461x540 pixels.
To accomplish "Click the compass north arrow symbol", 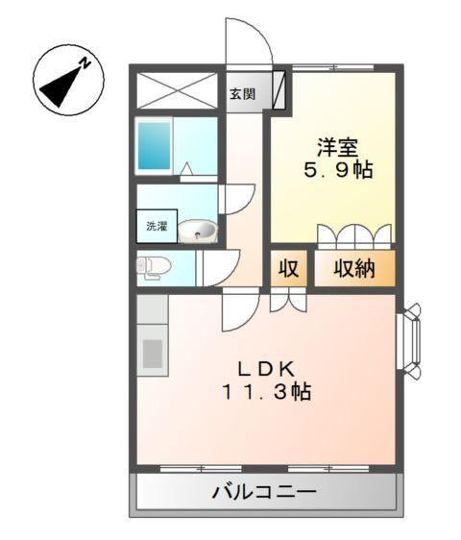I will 64,80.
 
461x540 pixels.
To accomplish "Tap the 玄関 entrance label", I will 243,94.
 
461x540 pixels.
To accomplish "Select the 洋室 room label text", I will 338,148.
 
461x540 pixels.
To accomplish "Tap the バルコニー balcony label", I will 262,493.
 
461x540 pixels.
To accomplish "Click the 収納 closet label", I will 353,270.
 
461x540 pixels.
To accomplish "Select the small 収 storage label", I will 288,270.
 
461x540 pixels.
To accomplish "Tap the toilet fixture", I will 154,268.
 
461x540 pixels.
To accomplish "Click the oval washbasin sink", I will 198,230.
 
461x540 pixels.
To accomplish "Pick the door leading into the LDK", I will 239,308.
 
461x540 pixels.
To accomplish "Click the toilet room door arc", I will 221,267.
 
